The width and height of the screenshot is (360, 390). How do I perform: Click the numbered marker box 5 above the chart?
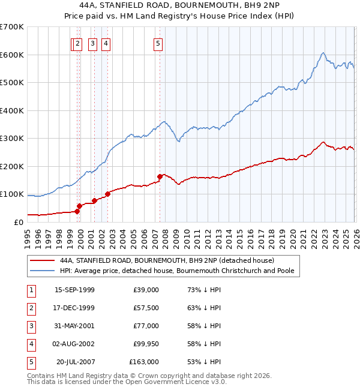(x=158, y=43)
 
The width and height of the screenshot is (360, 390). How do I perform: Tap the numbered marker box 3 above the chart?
(x=93, y=43)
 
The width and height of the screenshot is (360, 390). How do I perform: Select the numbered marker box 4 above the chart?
(x=105, y=43)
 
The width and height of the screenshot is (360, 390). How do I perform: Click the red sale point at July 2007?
(x=160, y=176)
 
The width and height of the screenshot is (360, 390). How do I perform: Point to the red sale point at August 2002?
(x=107, y=194)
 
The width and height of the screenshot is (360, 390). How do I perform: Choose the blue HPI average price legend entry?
(x=176, y=271)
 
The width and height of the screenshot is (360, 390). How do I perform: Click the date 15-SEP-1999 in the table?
(x=74, y=290)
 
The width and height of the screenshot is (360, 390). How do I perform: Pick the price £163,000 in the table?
(x=144, y=362)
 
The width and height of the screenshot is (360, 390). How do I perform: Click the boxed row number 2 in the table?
(x=31, y=308)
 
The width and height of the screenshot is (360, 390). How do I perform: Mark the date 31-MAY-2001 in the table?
(x=74, y=326)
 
